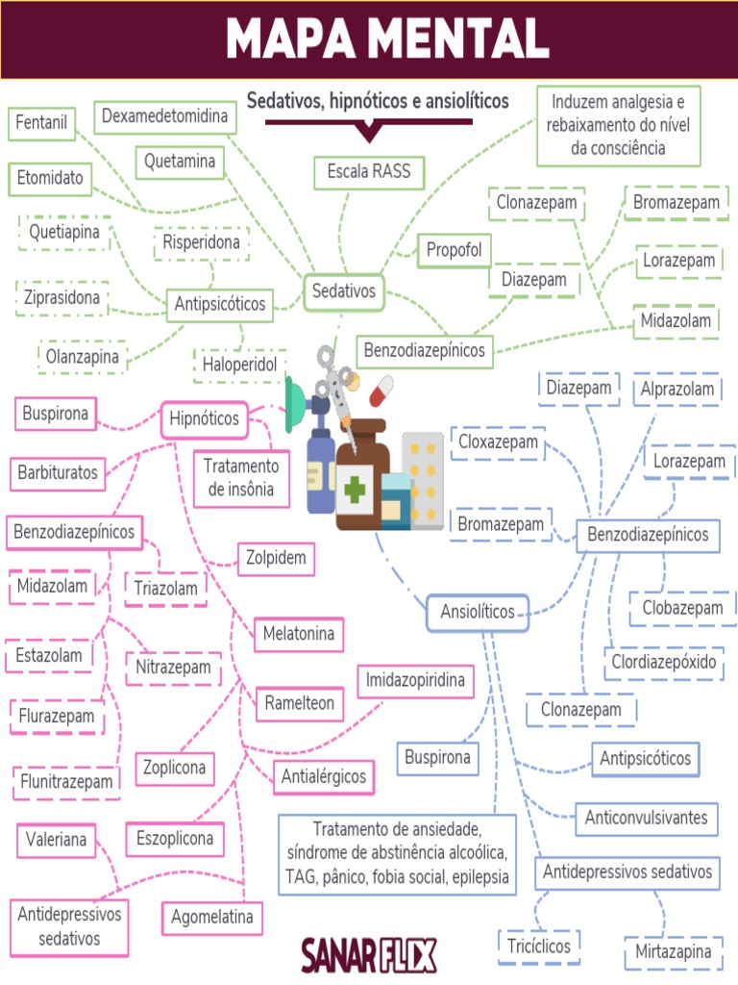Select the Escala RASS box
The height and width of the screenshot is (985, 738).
tap(368, 172)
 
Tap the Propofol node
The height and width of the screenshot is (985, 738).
tap(453, 250)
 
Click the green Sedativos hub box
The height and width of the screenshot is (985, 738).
tap(343, 291)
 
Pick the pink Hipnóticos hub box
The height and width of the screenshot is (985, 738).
tap(204, 419)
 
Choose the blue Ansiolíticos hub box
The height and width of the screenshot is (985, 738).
tap(477, 612)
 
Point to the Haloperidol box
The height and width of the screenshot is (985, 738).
tap(239, 365)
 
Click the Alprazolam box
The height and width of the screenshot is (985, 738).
tap(678, 389)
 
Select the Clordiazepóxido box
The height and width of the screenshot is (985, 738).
tap(664, 663)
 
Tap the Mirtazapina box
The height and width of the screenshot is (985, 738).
tap(673, 952)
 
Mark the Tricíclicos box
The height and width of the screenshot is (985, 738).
tap(539, 946)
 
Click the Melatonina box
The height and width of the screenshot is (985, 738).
tap(299, 634)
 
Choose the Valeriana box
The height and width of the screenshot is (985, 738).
tap(57, 840)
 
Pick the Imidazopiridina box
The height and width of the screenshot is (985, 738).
tap(416, 681)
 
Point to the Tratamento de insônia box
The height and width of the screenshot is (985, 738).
tap(240, 478)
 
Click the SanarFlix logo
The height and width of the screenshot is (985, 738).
tap(368, 955)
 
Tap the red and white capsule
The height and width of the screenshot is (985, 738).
tap(381, 391)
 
